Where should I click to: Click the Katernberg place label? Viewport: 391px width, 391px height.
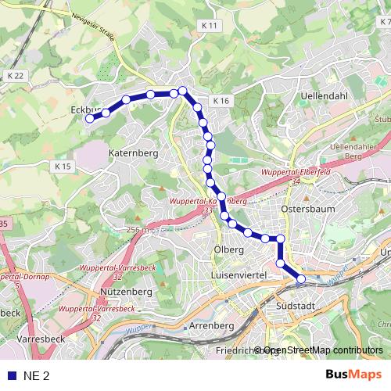point(134,153)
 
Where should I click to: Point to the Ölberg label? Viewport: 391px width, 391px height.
point(224,250)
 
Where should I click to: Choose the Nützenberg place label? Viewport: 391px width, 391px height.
point(126,292)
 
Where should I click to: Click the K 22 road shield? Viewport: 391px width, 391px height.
point(15,75)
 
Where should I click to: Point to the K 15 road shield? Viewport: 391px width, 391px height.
point(63,167)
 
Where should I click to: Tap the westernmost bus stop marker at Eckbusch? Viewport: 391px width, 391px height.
point(90,119)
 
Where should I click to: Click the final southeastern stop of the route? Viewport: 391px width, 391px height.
point(300,278)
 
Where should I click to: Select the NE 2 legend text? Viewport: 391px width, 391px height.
point(37,376)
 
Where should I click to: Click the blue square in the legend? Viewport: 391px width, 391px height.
point(10,376)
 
